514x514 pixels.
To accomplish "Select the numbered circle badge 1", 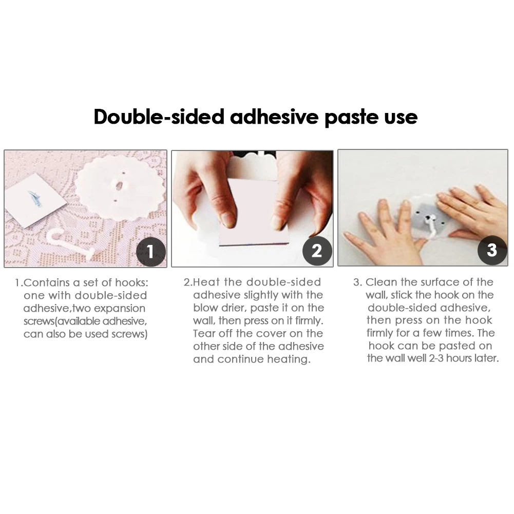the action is tap(151, 252).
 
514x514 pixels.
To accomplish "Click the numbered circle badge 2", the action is tap(317, 251).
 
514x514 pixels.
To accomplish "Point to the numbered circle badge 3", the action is tap(492, 250).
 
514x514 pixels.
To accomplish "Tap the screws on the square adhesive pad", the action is tap(34, 198).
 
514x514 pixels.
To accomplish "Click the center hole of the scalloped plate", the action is tap(119, 186).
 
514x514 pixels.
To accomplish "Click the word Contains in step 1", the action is tap(47, 282).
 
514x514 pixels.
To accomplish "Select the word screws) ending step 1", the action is tap(129, 334).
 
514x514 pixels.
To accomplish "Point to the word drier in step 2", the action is tap(233, 308).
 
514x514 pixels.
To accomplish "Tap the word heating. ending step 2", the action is tap(289, 359).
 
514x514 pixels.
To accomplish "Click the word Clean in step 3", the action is tap(381, 282).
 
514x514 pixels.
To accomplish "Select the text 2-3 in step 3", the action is tap(436, 358).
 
